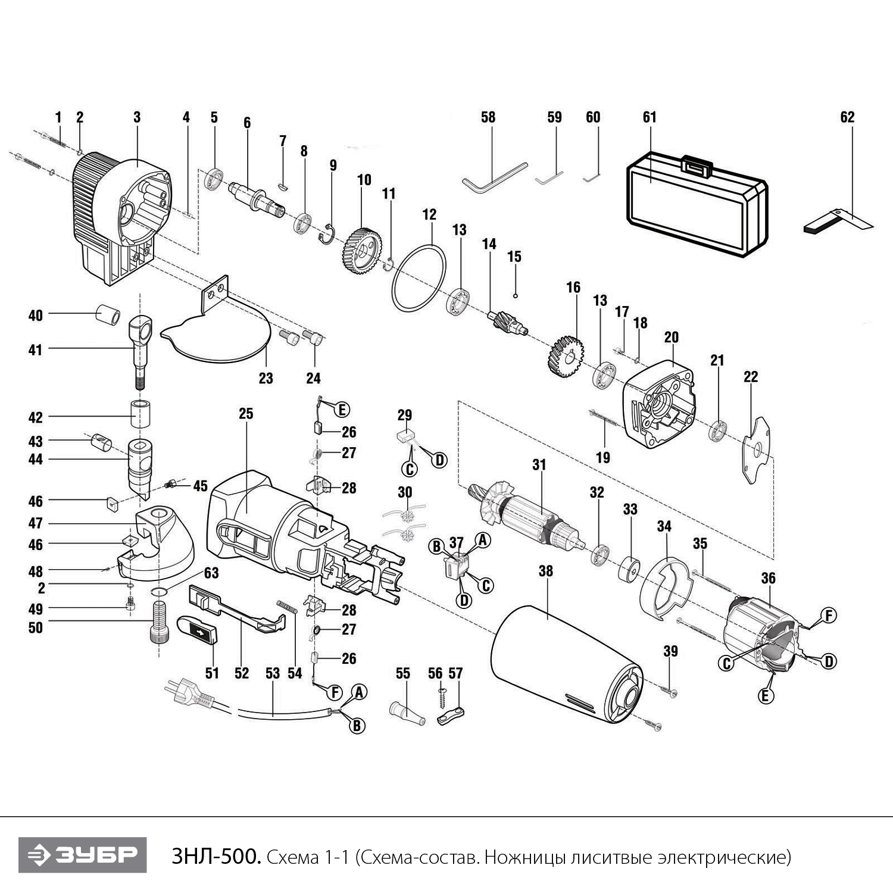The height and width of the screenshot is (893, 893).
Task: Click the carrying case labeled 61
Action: (697, 205)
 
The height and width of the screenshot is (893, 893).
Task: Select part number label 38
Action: (545, 571)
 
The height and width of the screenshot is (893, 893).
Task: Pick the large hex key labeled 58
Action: (494, 175)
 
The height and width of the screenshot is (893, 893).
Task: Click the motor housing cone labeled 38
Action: (566, 661)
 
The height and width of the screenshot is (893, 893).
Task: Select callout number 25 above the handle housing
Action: (246, 413)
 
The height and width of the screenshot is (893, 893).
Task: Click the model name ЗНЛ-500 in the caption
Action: (216, 857)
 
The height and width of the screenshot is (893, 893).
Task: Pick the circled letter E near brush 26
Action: (342, 410)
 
